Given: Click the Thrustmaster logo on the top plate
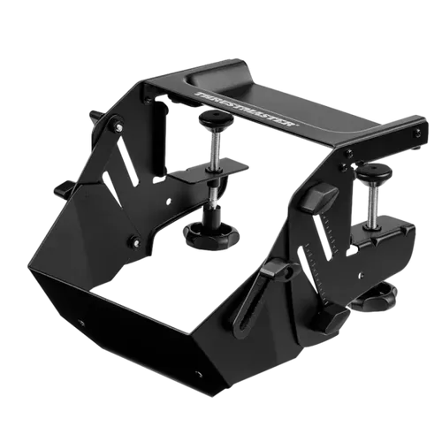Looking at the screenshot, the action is click(x=248, y=109).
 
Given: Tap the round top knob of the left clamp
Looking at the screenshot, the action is click(x=216, y=118).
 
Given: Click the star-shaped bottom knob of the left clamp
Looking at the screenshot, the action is click(x=211, y=233).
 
